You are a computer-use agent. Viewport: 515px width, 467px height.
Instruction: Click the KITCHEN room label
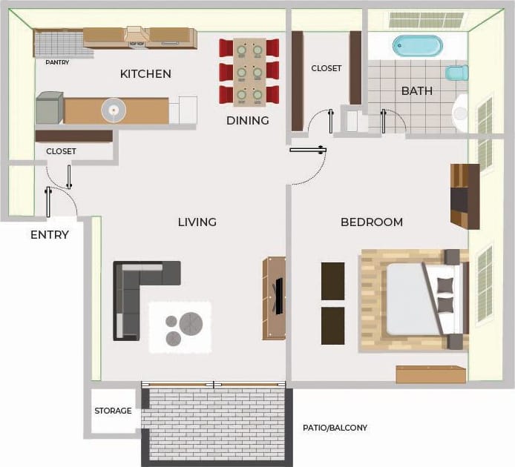click(x=145, y=74)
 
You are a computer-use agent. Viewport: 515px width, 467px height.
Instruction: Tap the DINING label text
click(x=247, y=120)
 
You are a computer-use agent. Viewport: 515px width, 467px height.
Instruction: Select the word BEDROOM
click(x=371, y=222)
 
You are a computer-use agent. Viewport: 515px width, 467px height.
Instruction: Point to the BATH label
click(x=416, y=91)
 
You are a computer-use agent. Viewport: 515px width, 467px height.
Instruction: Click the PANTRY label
click(x=57, y=63)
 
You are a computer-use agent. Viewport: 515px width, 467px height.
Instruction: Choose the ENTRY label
click(x=50, y=235)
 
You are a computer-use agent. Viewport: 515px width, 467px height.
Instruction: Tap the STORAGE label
click(x=113, y=411)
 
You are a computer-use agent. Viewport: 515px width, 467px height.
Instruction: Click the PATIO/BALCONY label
click(x=335, y=428)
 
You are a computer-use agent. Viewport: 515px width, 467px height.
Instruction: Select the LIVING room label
click(x=197, y=222)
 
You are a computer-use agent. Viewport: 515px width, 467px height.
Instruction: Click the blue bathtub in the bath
click(x=416, y=45)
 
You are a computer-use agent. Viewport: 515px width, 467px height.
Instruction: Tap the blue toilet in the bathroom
click(x=456, y=73)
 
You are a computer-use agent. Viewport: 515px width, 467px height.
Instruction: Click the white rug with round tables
click(x=180, y=326)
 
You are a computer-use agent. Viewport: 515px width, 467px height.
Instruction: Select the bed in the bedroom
click(x=416, y=299)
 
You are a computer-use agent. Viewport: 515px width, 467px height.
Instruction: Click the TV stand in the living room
click(x=275, y=298)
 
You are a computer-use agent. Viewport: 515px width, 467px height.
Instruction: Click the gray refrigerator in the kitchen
click(x=50, y=108)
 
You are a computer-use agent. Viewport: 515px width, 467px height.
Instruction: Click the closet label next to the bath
click(x=326, y=68)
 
